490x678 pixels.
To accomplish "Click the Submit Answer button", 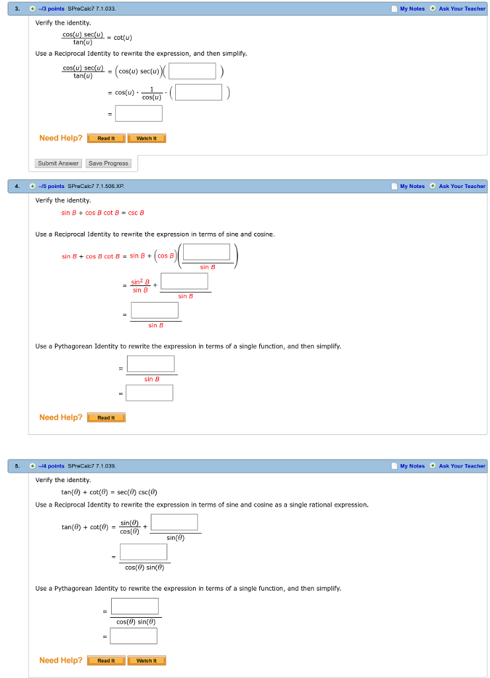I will coord(58,163).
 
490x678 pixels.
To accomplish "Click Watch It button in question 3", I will coord(146,138).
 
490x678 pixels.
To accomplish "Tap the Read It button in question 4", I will coord(106,418).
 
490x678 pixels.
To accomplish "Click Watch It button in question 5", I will coord(146,661).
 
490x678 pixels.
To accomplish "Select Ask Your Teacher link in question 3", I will coord(462,9).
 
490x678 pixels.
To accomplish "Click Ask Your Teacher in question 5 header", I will coord(462,466).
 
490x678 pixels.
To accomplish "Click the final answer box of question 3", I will coord(139,114).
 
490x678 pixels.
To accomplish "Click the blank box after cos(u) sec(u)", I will coord(192,71).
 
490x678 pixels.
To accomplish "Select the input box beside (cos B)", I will coord(206,252).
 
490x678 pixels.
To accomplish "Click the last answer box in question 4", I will coord(149,393).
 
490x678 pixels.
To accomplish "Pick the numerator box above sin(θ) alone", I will coord(175,522).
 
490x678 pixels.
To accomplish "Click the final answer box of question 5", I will coord(134,636).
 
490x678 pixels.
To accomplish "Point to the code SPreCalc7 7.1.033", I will coord(92,9).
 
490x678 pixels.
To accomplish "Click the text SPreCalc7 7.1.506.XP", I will coord(97,186).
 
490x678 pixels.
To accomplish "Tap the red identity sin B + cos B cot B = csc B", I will coord(102,213).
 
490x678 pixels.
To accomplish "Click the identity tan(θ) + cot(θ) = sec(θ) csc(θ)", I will coord(109,492).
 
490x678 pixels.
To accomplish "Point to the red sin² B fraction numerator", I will coord(140,282).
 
